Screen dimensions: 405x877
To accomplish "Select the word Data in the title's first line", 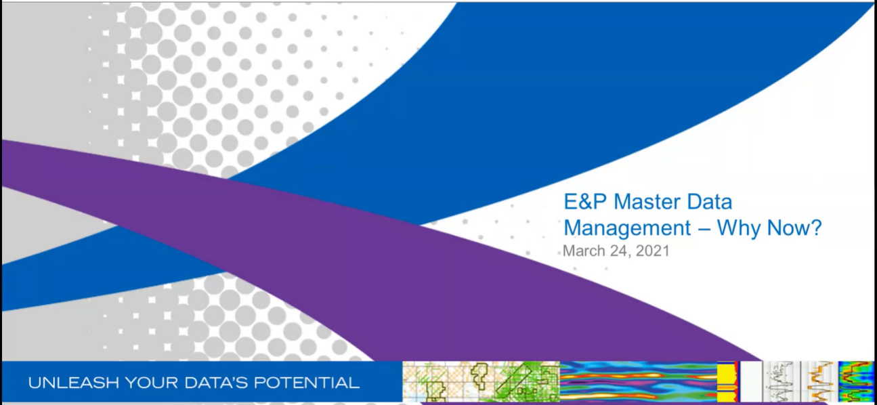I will pyautogui.click(x=709, y=202).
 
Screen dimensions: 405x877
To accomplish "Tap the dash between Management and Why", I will pyautogui.click(x=704, y=229).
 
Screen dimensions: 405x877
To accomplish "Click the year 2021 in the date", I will pyautogui.click(x=652, y=251).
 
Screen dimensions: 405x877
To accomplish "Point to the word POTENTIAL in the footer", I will pyautogui.click(x=305, y=383).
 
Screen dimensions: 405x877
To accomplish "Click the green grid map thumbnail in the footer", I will pyautogui.click(x=481, y=382).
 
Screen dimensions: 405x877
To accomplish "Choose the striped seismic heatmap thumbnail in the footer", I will pyautogui.click(x=638, y=382).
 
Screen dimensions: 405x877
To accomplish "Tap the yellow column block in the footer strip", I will pyautogui.click(x=727, y=382).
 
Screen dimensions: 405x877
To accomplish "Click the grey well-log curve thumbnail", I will pyautogui.click(x=779, y=382).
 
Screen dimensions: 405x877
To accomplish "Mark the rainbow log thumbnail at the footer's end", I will pyautogui.click(x=856, y=382).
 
